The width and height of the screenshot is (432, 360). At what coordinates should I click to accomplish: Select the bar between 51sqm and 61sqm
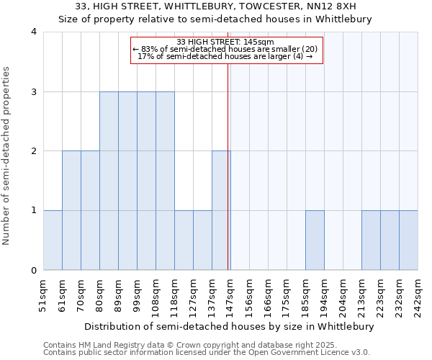coord(53,240)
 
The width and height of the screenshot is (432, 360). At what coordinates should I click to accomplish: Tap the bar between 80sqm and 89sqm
coord(109,181)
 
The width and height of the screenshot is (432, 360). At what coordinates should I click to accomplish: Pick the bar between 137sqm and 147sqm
coord(221,210)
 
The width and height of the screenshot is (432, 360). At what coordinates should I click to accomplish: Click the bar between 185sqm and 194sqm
coord(315,240)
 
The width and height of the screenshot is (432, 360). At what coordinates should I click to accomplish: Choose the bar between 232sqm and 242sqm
coord(408,240)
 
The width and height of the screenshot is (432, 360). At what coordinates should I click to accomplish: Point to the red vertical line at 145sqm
coord(228,166)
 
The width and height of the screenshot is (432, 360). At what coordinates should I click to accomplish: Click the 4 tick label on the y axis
coord(34,32)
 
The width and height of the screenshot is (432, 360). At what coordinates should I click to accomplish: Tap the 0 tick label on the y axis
coord(34,271)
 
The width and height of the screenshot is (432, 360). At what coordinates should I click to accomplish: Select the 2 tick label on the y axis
coord(34,151)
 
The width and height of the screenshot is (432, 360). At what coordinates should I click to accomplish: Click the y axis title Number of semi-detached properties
coord(7,156)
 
